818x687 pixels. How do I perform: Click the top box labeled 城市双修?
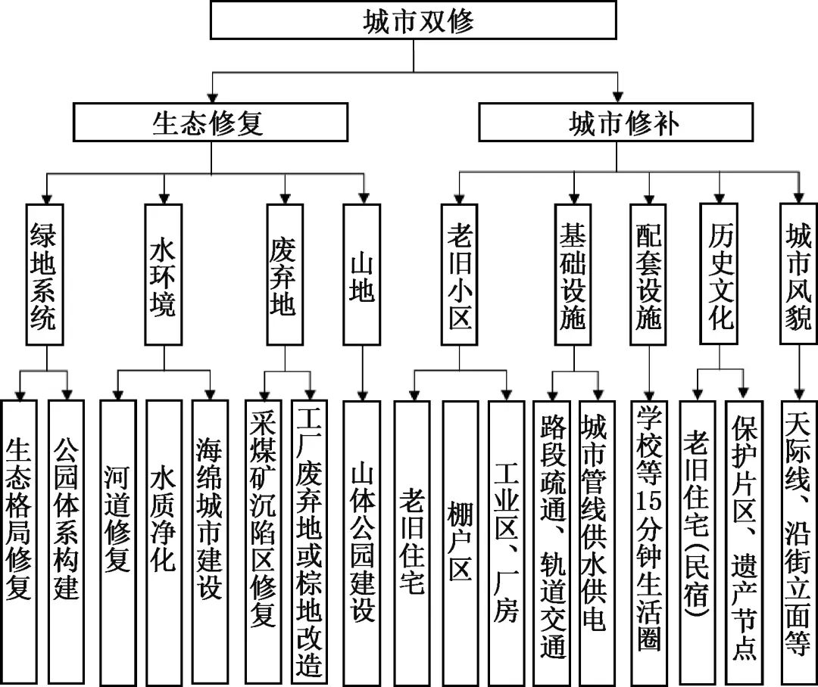(x=413, y=20)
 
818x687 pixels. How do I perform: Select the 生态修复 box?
(x=211, y=123)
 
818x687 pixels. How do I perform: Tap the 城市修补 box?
(x=616, y=123)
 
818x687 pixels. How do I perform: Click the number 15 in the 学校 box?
(x=649, y=499)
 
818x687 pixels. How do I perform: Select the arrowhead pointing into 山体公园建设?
(x=362, y=393)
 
